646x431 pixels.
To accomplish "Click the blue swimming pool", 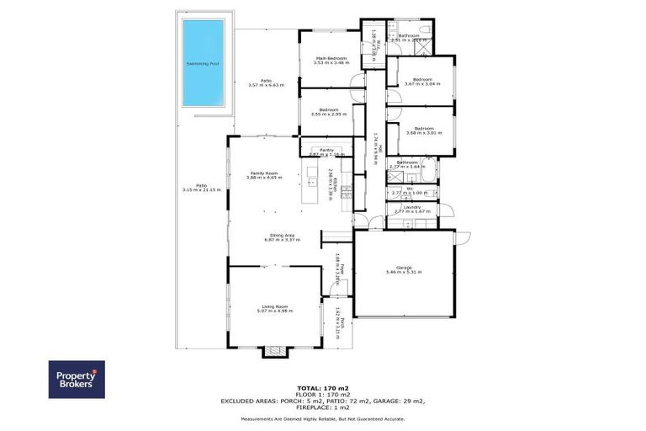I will [204, 62].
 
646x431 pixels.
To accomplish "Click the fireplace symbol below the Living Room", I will [274, 352].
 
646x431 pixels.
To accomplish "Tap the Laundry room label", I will [411, 209].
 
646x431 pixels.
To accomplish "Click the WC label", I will [409, 190].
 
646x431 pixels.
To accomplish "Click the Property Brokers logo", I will [77, 380].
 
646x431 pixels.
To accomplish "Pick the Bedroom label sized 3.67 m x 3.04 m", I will [421, 82].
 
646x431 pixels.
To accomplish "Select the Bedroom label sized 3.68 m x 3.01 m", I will [421, 130].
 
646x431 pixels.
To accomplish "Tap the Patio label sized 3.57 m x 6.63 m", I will [266, 83].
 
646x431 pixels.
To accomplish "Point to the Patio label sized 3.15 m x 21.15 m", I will [201, 188].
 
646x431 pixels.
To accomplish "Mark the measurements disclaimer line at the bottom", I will [322, 418].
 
